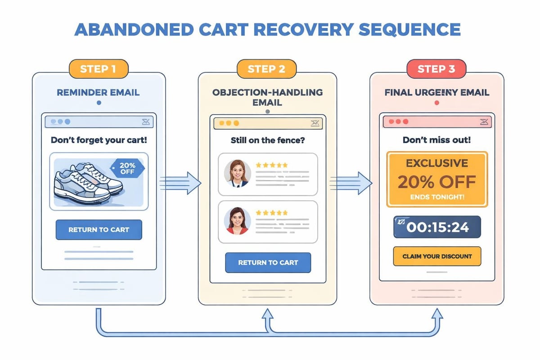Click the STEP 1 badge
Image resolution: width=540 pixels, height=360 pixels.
99,69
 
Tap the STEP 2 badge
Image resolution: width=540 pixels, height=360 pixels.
267,69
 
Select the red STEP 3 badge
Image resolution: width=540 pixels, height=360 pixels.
436,69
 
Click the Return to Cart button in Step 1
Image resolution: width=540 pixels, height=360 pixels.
99,229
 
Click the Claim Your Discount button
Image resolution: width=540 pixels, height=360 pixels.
437,256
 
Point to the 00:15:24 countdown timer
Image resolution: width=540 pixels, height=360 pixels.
437,227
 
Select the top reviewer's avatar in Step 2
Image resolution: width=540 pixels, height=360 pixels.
237,173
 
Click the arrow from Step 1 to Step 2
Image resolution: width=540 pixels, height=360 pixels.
180,182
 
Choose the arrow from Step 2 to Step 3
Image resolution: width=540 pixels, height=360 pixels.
351,182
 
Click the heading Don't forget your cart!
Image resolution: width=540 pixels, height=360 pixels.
99,139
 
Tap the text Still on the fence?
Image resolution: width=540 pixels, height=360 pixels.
267,140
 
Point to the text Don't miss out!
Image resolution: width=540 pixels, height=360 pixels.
436,139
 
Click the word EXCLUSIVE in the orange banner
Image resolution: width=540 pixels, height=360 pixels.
436,163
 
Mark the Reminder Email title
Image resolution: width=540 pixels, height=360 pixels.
98,93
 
